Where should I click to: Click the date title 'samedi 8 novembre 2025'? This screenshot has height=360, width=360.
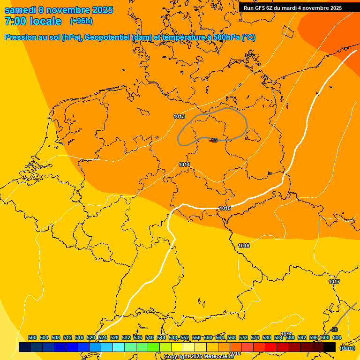coord(59,10)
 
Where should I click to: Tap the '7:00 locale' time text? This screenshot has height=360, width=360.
coord(33,21)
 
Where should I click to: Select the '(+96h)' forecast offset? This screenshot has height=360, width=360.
coord(81,21)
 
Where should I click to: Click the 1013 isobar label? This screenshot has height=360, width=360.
coord(179,116)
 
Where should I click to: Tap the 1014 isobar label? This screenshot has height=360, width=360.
coord(184,165)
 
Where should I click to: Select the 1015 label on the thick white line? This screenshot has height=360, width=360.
coord(225,208)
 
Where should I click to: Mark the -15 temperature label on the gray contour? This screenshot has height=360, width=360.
coord(214,140)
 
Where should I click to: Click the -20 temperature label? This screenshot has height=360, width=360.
coord(334,330)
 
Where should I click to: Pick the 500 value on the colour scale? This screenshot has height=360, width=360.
coord(32,337)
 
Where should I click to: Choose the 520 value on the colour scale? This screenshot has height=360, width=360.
coord(91,337)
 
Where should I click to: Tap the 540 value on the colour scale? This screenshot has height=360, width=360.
coord(150,337)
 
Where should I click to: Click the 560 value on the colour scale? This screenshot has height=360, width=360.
coord(208,337)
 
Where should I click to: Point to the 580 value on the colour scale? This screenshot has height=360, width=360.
coord(267,337)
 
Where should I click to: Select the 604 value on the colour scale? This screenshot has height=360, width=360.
coord(337,337)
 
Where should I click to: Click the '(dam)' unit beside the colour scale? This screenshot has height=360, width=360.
coord(347,348)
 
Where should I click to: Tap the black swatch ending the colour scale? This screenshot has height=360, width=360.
coord(330,347)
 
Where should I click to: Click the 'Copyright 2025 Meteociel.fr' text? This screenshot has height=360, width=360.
coord(199,357)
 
